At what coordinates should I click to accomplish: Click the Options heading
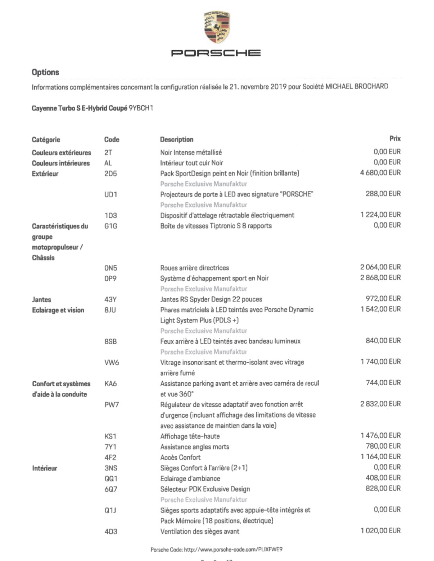point(45,72)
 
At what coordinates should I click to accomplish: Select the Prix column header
point(395,139)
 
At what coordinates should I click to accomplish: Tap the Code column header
point(112,139)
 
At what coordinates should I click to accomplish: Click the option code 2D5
point(110,174)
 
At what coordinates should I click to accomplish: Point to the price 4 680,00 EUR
point(380,173)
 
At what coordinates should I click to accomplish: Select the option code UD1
point(111,194)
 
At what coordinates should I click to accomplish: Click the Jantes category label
point(41,299)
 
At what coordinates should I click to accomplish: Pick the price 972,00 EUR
point(383,299)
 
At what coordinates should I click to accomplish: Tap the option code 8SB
point(110,341)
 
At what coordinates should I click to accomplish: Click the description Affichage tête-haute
point(190,436)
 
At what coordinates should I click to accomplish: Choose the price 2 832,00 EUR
point(380,404)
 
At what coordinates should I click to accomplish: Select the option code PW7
point(112,405)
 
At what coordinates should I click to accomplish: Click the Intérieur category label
point(45,468)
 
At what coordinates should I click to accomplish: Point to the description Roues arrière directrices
point(194,268)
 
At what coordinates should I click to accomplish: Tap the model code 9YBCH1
point(141,108)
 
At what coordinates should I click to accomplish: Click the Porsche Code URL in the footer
point(233,549)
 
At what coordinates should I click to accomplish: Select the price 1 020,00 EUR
point(380,530)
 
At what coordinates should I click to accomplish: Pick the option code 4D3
point(111,531)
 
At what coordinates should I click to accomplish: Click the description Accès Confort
point(180,457)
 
